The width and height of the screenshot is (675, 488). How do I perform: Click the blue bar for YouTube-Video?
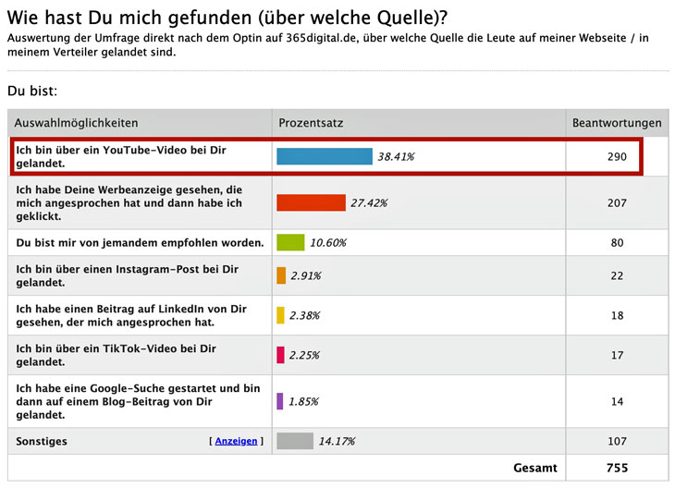tap(324, 156)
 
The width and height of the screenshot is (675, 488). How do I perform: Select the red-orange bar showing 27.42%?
tap(311, 202)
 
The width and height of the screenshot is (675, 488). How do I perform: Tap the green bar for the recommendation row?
tap(290, 242)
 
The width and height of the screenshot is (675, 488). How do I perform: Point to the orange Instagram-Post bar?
tap(281, 275)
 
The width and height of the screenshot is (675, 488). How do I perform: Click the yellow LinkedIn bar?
tap(280, 315)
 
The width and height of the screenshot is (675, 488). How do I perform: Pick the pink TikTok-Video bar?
tap(280, 355)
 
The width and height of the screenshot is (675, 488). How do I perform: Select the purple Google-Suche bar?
tap(279, 401)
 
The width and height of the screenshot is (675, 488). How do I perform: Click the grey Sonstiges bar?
tap(295, 441)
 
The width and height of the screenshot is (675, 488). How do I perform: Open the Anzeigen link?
tap(236, 441)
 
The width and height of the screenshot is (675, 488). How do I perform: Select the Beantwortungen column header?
tap(617, 123)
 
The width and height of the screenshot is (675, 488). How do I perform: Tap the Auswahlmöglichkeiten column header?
tap(76, 123)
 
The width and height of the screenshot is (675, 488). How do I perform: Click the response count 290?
tap(617, 157)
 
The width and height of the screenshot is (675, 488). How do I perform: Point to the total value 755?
tap(617, 469)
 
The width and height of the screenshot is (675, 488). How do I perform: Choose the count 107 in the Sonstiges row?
tap(617, 441)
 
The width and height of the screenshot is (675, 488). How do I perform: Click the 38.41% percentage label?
tap(396, 157)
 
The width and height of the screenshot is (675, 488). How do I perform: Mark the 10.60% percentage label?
tap(328, 243)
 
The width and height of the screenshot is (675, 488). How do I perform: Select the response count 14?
tap(617, 401)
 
